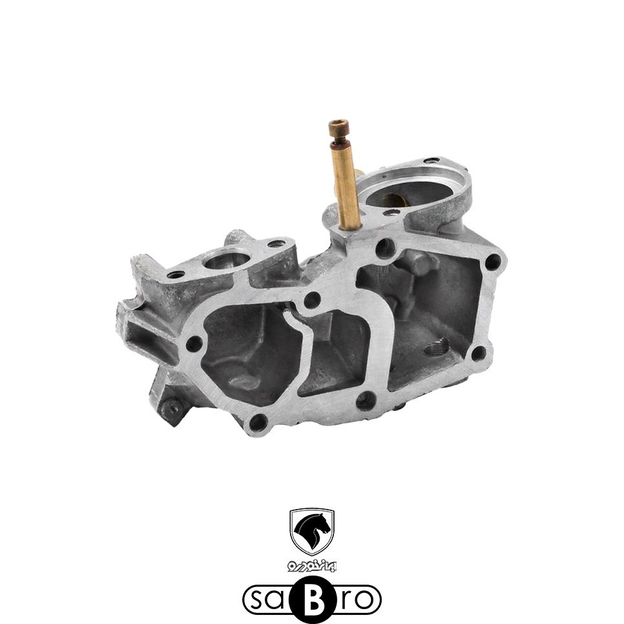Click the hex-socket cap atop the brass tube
(x=338, y=129)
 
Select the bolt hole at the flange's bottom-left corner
(x=258, y=421)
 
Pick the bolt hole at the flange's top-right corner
(x=493, y=262)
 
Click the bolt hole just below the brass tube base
(x=384, y=247)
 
